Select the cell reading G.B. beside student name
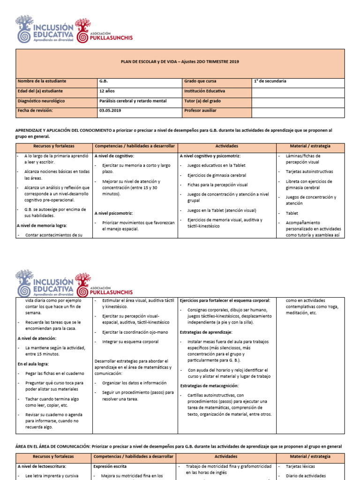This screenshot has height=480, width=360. pos(103,81)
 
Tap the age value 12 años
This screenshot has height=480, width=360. pos(107,91)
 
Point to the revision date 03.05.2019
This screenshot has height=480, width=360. pos(110,111)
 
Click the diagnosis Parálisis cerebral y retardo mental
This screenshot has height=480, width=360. pos(133,101)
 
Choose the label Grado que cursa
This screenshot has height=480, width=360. pos(200,81)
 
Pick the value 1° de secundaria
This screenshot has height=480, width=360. pos(270,81)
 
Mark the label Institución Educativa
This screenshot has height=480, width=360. pos(205,91)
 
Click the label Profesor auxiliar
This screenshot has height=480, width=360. pos(201,111)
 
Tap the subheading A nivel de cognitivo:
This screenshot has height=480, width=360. pos(114,156)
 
